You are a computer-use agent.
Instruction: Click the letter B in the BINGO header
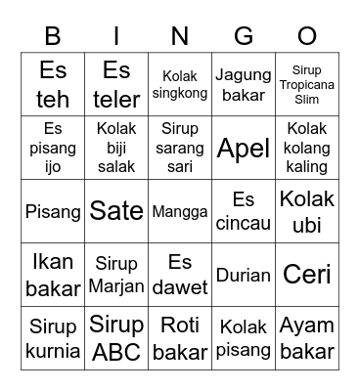click(53, 36)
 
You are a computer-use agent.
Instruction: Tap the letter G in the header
click(244, 36)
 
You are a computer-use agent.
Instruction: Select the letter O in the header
click(307, 36)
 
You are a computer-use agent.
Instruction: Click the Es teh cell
click(53, 85)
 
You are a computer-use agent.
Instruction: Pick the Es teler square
click(116, 85)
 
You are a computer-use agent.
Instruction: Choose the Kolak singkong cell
click(180, 85)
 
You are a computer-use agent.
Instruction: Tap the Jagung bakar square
click(244, 85)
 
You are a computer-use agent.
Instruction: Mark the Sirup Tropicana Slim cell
click(307, 85)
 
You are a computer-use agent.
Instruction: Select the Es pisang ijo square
click(53, 148)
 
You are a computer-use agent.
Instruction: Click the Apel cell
click(244, 148)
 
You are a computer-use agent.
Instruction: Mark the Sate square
click(116, 211)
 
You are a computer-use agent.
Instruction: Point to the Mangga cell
click(180, 211)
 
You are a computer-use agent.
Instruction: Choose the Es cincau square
click(244, 211)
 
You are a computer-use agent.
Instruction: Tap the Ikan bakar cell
click(53, 275)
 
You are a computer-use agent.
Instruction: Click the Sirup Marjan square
click(116, 275)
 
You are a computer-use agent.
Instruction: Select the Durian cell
click(244, 275)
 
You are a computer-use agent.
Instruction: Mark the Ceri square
click(307, 275)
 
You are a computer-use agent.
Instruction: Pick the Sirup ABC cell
click(116, 338)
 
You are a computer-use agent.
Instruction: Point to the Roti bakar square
click(180, 338)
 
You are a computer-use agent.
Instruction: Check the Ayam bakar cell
click(307, 338)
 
